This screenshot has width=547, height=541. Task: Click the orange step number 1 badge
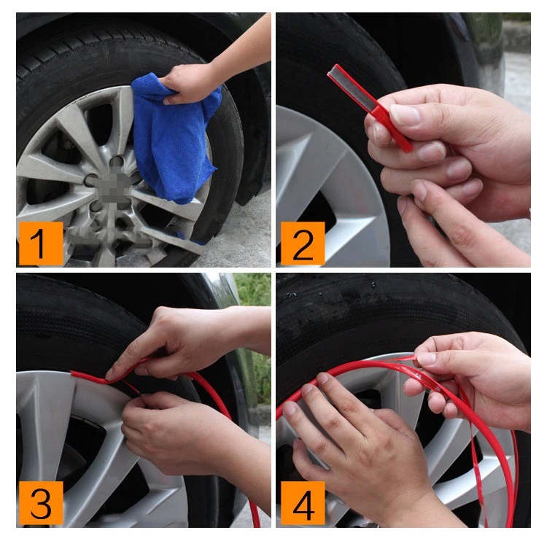[39, 244]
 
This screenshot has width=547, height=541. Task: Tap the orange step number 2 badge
[302, 244]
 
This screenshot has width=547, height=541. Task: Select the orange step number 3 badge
[40, 502]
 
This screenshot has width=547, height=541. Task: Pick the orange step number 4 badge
[302, 502]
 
